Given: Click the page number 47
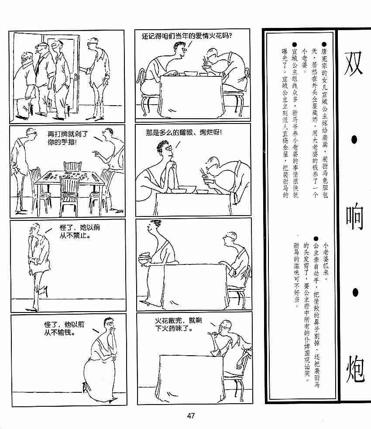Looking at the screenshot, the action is [x=191, y=415].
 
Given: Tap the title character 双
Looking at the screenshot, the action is [x=354, y=63].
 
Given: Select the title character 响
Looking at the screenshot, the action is [x=354, y=217].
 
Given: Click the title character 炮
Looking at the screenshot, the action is [x=355, y=369].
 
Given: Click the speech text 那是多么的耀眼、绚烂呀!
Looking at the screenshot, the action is [x=184, y=133].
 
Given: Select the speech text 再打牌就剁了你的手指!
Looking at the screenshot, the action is [x=68, y=138].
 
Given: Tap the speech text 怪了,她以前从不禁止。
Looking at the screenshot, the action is [x=79, y=231].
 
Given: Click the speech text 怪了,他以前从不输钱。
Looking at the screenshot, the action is [x=64, y=329].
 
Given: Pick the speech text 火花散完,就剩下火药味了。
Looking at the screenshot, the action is [x=178, y=324].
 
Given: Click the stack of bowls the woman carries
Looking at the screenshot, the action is [x=144, y=258].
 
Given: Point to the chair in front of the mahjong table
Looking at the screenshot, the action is [x=70, y=193].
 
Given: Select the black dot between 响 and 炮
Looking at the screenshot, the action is [x=355, y=293].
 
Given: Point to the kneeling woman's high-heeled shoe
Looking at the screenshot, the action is [x=85, y=387].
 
